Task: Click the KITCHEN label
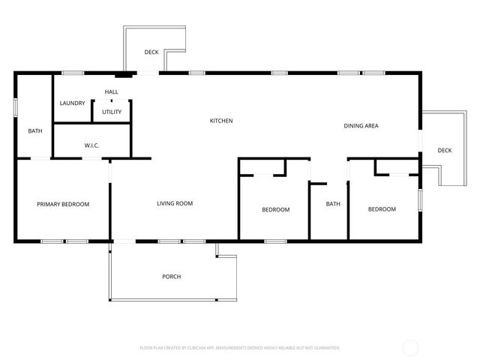(221, 121)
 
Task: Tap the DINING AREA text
(361, 126)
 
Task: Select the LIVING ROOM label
(175, 203)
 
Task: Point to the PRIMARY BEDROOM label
(64, 204)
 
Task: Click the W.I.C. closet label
(92, 145)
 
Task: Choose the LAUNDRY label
(73, 103)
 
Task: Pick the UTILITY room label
(112, 112)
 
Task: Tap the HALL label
(112, 92)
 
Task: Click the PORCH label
(172, 277)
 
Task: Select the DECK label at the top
(151, 52)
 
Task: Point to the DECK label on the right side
(445, 151)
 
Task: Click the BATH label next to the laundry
(35, 131)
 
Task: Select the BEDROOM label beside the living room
(275, 209)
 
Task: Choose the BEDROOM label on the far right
(382, 209)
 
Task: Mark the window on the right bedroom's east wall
(420, 199)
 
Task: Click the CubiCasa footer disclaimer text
(240, 348)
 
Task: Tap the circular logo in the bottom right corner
(410, 347)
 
